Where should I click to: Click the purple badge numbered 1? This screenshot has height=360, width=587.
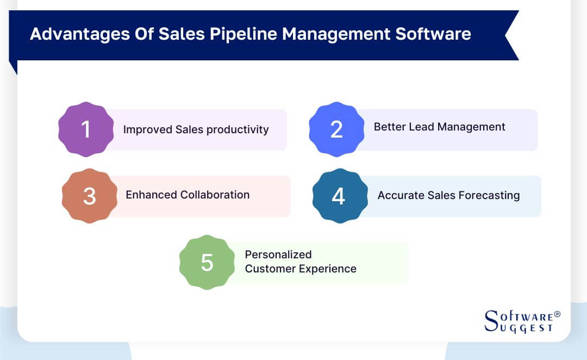coord(86,129)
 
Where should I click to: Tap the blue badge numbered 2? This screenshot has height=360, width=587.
coord(336,129)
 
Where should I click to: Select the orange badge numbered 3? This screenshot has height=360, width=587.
coord(90,196)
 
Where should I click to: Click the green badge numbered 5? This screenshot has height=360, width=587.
coord(207,262)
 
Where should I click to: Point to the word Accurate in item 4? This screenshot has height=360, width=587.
coord(400,195)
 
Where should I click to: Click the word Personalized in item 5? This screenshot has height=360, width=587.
coord(278,255)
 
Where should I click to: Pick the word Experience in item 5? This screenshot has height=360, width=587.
coord(329,269)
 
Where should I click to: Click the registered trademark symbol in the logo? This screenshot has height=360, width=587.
coord(557,314)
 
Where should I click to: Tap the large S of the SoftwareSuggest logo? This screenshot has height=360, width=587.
coord(491,321)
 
